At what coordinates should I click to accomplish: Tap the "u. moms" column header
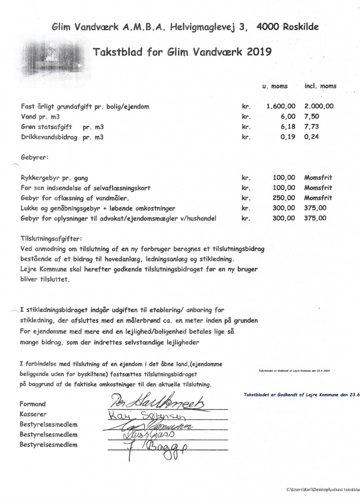click(x=274, y=86)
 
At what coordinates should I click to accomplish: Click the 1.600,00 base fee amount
click(x=281, y=106)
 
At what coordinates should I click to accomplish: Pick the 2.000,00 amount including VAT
click(x=319, y=106)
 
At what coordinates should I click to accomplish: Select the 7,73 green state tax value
click(x=311, y=127)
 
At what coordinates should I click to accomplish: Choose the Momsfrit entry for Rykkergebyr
click(x=318, y=178)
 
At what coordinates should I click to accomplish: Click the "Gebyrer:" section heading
click(x=34, y=159)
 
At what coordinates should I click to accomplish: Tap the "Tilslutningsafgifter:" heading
click(x=52, y=239)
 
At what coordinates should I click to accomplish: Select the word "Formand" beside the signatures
click(x=33, y=404)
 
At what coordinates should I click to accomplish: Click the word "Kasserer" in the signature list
click(x=33, y=415)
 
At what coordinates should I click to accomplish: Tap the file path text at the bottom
click(x=322, y=489)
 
